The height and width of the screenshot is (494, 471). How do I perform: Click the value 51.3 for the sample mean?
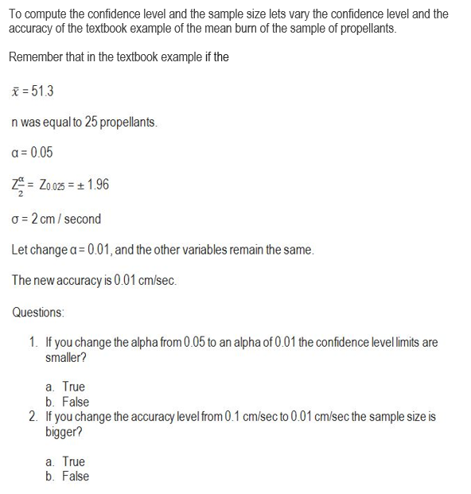42,91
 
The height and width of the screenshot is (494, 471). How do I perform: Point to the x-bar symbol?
16,91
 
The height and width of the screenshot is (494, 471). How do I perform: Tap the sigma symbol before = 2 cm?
15,219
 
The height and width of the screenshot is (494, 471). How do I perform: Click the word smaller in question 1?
65,357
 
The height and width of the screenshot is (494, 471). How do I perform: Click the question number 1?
33,343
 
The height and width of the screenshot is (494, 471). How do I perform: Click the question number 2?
33,417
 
